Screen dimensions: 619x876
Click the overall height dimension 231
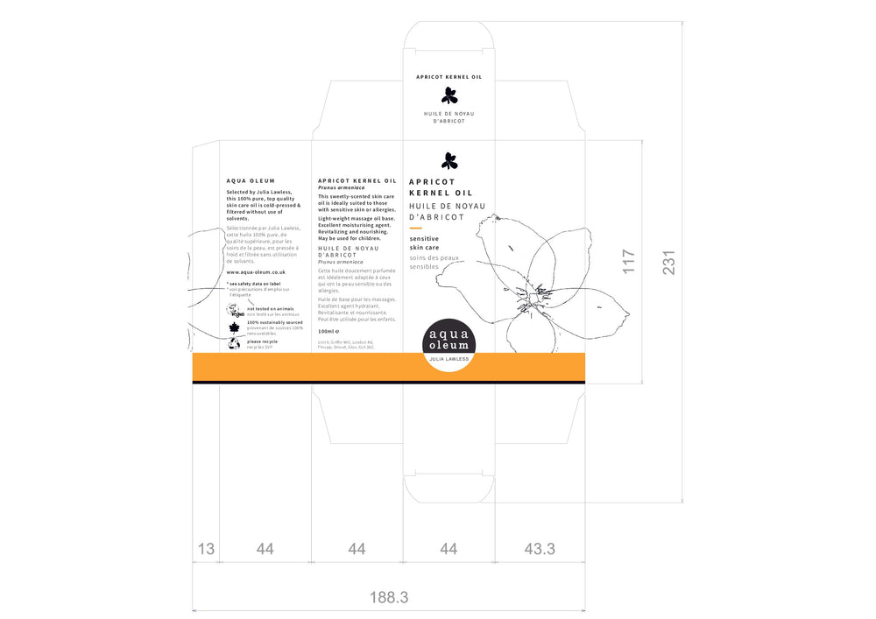pyautogui.click(x=668, y=263)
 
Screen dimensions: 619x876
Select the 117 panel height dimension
pyautogui.click(x=628, y=263)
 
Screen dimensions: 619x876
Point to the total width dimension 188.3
pyautogui.click(x=388, y=597)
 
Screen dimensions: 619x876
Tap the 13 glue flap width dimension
pyautogui.click(x=206, y=549)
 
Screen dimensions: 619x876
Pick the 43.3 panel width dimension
pyautogui.click(x=540, y=549)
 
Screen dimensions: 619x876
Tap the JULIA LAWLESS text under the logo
pyautogui.click(x=449, y=359)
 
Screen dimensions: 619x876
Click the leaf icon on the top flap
pyautogui.click(x=449, y=95)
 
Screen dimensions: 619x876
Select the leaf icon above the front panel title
pyautogui.click(x=449, y=160)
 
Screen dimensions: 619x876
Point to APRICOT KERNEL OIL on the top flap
pyautogui.click(x=449, y=77)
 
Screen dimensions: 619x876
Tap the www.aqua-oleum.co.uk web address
pyautogui.click(x=256, y=272)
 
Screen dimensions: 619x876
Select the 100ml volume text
pyautogui.click(x=328, y=331)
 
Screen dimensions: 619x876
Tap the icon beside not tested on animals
pyautogui.click(x=234, y=311)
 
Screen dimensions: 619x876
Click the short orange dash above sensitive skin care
pyautogui.click(x=416, y=229)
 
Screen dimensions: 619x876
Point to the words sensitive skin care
pyautogui.click(x=425, y=243)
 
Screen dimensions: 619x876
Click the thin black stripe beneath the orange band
pyautogui.click(x=388, y=383)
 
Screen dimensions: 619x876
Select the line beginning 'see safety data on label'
pyautogui.click(x=254, y=284)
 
